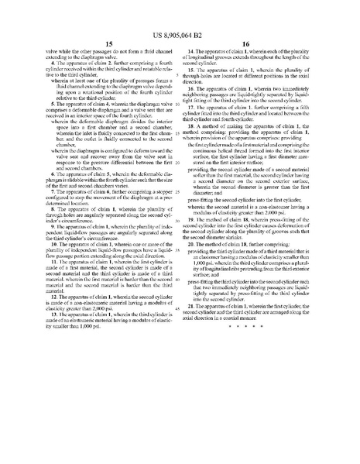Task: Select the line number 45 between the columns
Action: (x=177, y=308)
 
